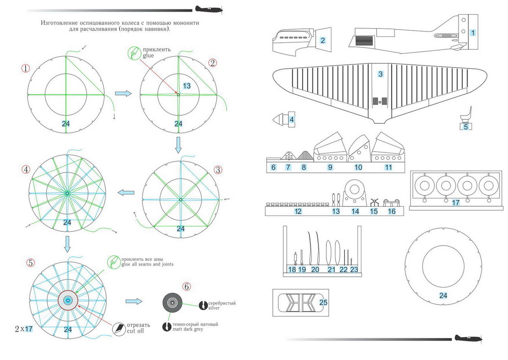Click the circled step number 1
click(x=26, y=68)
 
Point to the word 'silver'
click(x=215, y=308)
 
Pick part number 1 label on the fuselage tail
click(x=472, y=32)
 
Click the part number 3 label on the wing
click(x=380, y=74)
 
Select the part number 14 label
click(x=355, y=211)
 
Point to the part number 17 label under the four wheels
click(x=455, y=203)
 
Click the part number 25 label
click(x=323, y=302)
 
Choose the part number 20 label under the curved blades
click(x=315, y=270)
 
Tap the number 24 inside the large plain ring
click(x=443, y=295)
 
